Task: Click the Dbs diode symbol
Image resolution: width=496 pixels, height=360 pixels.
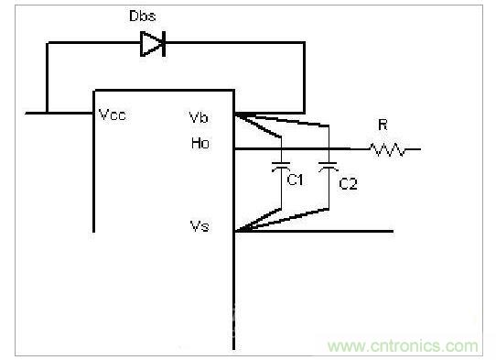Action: click(153, 44)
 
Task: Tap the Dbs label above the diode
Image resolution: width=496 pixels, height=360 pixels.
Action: click(143, 16)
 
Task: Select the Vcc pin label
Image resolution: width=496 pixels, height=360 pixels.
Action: click(113, 115)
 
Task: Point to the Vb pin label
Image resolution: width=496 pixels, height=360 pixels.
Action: click(199, 117)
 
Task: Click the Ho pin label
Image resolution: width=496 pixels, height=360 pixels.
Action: click(200, 143)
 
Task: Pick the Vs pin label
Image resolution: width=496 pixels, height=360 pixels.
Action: click(199, 226)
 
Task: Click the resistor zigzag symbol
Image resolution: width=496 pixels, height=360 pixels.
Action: click(387, 149)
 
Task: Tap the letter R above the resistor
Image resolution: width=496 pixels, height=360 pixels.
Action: click(383, 125)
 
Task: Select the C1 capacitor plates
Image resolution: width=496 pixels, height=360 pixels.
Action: click(281, 166)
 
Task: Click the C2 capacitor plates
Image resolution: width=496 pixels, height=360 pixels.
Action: click(329, 166)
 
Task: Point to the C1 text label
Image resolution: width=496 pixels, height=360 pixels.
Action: click(295, 180)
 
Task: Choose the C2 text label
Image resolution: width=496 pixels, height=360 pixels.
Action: click(348, 183)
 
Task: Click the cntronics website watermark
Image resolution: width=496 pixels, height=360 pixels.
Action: click(403, 346)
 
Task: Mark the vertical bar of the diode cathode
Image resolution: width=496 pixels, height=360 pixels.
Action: click(164, 44)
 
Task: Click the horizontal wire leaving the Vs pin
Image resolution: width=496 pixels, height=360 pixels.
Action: click(314, 232)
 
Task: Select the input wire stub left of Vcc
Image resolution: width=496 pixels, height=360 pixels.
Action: click(59, 113)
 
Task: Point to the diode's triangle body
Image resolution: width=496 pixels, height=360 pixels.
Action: click(151, 44)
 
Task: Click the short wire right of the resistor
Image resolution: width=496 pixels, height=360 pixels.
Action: click(413, 148)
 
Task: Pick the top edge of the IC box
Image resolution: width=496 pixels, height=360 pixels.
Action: click(164, 91)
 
